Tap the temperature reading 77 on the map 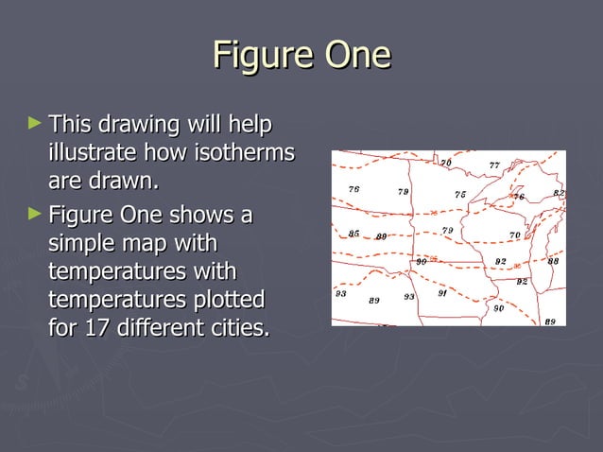pos(493,165)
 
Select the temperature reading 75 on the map pos(460,195)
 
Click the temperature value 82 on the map pos(559,193)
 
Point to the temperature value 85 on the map pos(353,234)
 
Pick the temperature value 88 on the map pos(553,260)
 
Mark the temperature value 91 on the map pos(441,293)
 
